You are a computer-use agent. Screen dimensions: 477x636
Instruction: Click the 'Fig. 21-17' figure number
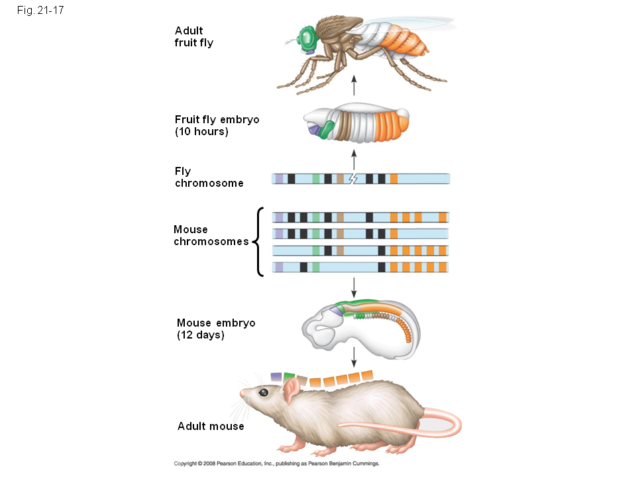(40, 11)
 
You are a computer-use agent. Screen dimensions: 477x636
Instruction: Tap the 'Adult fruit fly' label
(193, 36)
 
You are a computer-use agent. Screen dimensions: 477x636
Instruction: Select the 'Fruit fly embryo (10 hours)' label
(217, 125)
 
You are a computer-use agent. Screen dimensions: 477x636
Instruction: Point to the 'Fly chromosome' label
(209, 177)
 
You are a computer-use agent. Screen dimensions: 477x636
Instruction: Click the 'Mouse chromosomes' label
(211, 235)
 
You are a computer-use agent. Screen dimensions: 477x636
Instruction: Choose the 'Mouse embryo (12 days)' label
(215, 329)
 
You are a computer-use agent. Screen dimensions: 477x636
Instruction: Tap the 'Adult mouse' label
(211, 426)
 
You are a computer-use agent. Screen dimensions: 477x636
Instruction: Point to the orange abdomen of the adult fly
(403, 40)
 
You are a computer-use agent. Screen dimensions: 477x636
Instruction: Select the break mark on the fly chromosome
(352, 178)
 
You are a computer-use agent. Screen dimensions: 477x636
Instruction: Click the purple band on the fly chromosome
(279, 178)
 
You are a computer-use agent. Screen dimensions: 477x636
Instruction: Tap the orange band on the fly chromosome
(394, 178)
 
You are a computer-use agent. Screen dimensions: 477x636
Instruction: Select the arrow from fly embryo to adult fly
(354, 85)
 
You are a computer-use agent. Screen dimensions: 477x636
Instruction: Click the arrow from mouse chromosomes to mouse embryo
(354, 286)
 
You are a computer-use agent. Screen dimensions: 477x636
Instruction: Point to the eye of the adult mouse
(264, 392)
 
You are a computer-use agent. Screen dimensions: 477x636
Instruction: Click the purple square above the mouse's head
(276, 376)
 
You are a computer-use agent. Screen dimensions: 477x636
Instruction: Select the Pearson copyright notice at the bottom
(276, 464)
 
